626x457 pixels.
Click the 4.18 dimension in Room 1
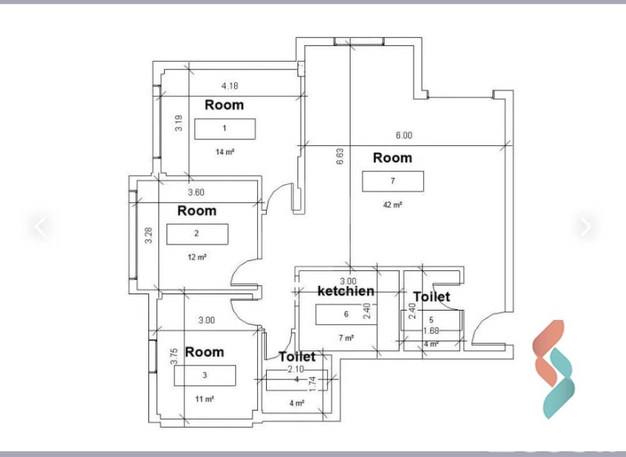[x=230, y=86]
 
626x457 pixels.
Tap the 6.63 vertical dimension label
[x=340, y=157]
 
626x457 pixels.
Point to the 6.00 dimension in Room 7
[x=404, y=135]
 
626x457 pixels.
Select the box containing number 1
[x=225, y=129]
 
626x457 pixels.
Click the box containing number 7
[x=393, y=182]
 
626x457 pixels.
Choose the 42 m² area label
[x=393, y=205]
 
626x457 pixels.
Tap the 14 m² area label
[x=225, y=152]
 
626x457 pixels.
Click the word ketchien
[x=346, y=291]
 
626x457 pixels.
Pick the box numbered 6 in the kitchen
[x=346, y=314]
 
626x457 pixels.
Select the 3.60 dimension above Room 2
[x=196, y=192]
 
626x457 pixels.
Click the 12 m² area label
[x=197, y=257]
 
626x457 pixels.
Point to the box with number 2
[x=197, y=234]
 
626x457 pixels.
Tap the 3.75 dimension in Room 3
[x=173, y=356]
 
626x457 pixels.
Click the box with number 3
[x=205, y=376]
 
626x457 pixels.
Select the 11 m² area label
[x=205, y=399]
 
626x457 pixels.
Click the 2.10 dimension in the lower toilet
[x=296, y=369]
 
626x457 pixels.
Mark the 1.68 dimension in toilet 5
[x=431, y=331]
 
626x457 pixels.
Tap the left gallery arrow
[x=40, y=226]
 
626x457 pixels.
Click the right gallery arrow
[x=586, y=226]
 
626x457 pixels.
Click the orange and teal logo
[x=554, y=369]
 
